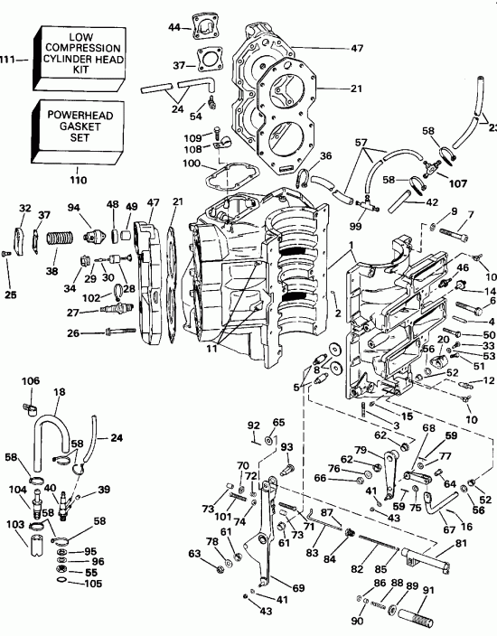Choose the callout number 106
[29, 381]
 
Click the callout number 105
[88, 584]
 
